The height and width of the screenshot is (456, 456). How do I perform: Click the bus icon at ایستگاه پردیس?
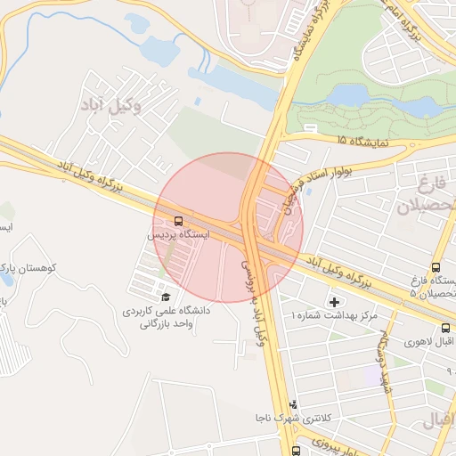(179, 220)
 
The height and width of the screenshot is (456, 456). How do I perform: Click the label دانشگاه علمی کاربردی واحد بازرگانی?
(169, 318)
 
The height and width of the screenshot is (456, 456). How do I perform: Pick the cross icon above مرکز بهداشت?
(334, 302)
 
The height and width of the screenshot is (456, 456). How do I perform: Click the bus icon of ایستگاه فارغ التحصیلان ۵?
(436, 267)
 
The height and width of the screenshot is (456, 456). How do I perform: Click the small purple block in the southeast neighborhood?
(370, 375)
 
